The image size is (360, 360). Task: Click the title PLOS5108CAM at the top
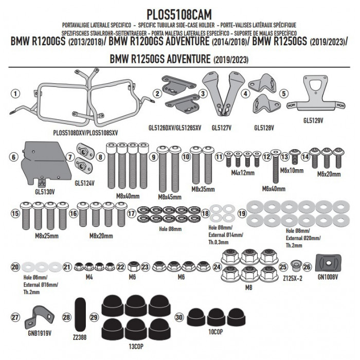pos(179,15)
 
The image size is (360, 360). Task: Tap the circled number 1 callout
pos(15,94)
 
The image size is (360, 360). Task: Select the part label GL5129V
pos(313,120)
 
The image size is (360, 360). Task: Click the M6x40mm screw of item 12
pos(276,166)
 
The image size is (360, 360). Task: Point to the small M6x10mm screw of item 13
pos(295,156)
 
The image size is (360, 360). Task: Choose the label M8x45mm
pos(170,197)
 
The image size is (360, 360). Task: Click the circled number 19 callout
pos(242,213)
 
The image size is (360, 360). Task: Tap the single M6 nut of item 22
pos(133,266)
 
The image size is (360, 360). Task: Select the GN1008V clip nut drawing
pos(329,263)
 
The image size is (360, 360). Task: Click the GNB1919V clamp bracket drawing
pos(39,317)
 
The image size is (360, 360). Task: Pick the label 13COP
pos(136,347)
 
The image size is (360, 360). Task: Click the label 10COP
pos(215,332)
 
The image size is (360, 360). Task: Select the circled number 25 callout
pos(283,267)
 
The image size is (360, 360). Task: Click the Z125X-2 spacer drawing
pos(296,266)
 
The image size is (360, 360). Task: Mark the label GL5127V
pos(221,128)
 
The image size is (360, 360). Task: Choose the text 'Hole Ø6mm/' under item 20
pos(35,277)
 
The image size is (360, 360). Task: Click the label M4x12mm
pos(243,173)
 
